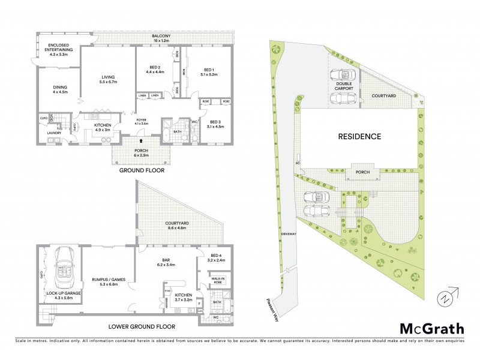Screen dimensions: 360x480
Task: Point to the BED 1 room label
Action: coord(209,69)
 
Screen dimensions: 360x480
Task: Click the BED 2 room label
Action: coord(155,69)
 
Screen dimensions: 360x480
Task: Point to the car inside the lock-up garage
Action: coord(62,274)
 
